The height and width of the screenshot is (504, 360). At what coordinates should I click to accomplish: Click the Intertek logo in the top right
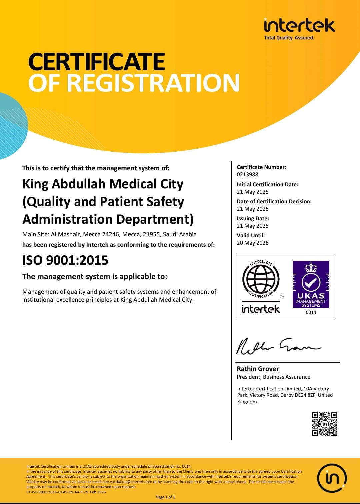click(299, 26)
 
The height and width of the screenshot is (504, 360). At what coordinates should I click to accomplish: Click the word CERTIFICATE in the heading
click(97, 62)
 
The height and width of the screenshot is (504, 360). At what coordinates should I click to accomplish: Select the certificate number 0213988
click(247, 174)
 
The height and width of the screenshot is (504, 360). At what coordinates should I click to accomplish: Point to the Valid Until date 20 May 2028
click(252, 243)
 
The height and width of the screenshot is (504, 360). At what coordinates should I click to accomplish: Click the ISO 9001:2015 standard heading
click(65, 260)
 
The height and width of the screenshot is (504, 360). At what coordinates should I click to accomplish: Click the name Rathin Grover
click(258, 369)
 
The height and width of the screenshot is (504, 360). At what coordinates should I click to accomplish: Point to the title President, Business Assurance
click(273, 377)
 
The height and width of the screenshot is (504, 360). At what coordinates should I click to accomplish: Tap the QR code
click(325, 424)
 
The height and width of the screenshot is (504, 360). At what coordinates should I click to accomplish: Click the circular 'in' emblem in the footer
click(332, 478)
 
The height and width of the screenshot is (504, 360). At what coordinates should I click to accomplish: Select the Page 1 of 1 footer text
click(165, 497)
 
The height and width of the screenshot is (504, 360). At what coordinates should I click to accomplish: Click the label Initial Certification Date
click(267, 184)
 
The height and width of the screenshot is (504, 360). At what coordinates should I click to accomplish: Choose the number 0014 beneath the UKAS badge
click(311, 312)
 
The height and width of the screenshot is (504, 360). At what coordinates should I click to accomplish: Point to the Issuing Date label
click(253, 218)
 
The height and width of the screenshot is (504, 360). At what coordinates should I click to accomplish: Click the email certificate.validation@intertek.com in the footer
click(122, 482)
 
